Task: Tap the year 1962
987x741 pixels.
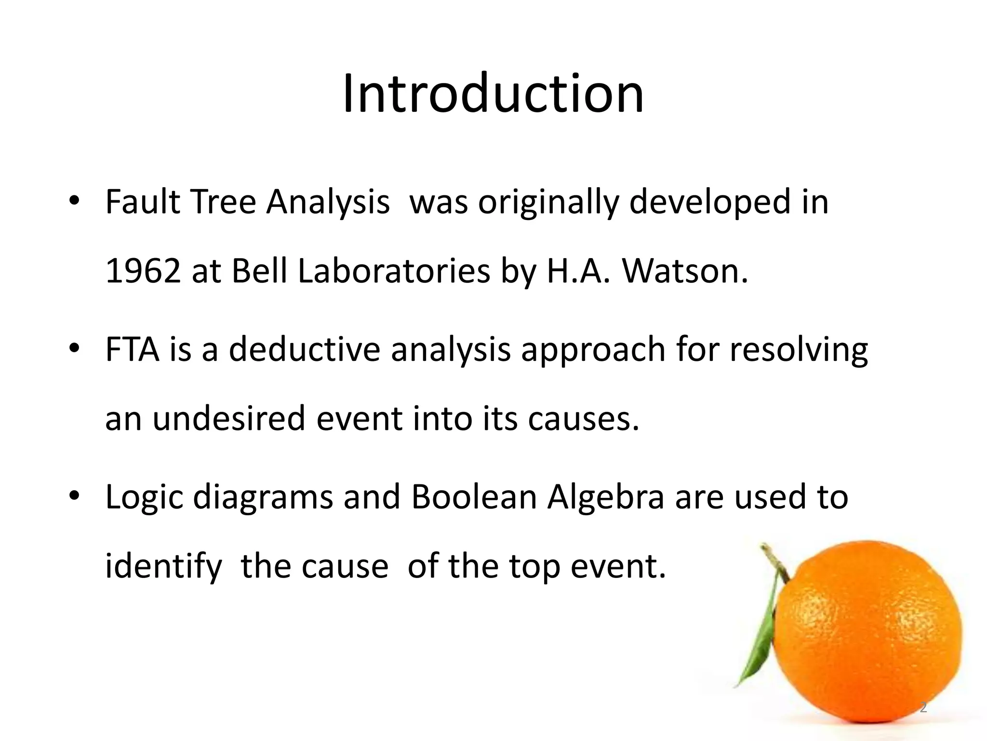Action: pos(143,271)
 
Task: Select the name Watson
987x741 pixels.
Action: pos(685,271)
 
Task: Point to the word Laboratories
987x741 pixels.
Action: pos(394,271)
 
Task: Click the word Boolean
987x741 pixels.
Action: pos(474,497)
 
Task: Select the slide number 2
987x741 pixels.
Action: pos(923,708)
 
